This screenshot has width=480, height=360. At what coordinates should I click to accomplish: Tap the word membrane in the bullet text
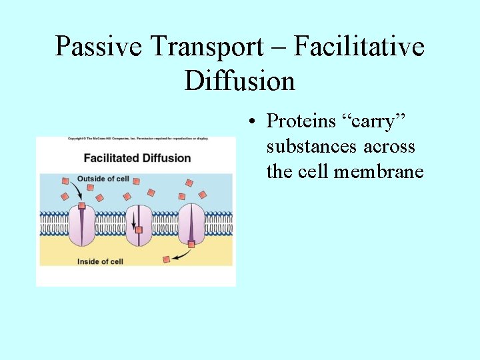(x=379, y=171)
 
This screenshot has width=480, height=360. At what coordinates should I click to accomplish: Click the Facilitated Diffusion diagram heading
(x=137, y=158)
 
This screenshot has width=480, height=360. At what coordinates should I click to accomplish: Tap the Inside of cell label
(x=100, y=261)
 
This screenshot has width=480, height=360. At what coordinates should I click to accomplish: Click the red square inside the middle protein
(x=139, y=230)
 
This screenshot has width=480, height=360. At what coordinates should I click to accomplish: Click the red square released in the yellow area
(x=167, y=259)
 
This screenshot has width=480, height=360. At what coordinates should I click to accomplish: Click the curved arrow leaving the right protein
(x=180, y=254)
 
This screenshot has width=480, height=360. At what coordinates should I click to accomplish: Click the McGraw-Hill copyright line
(x=137, y=139)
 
